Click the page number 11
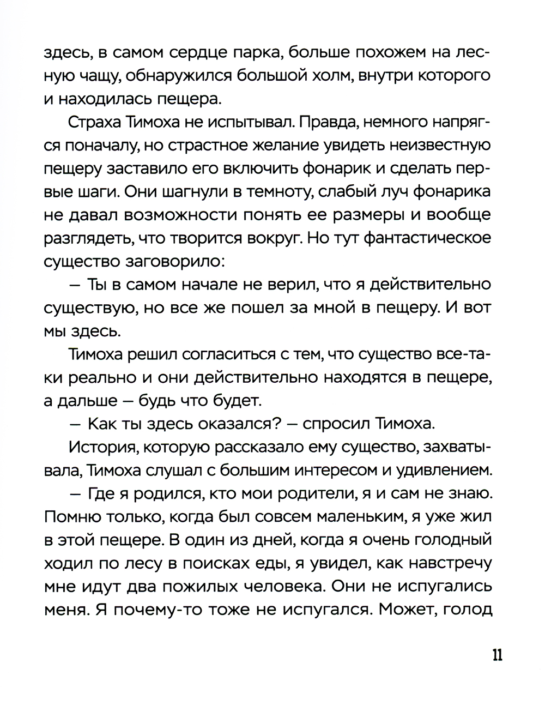496,654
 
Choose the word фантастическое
428,238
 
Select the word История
98,447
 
